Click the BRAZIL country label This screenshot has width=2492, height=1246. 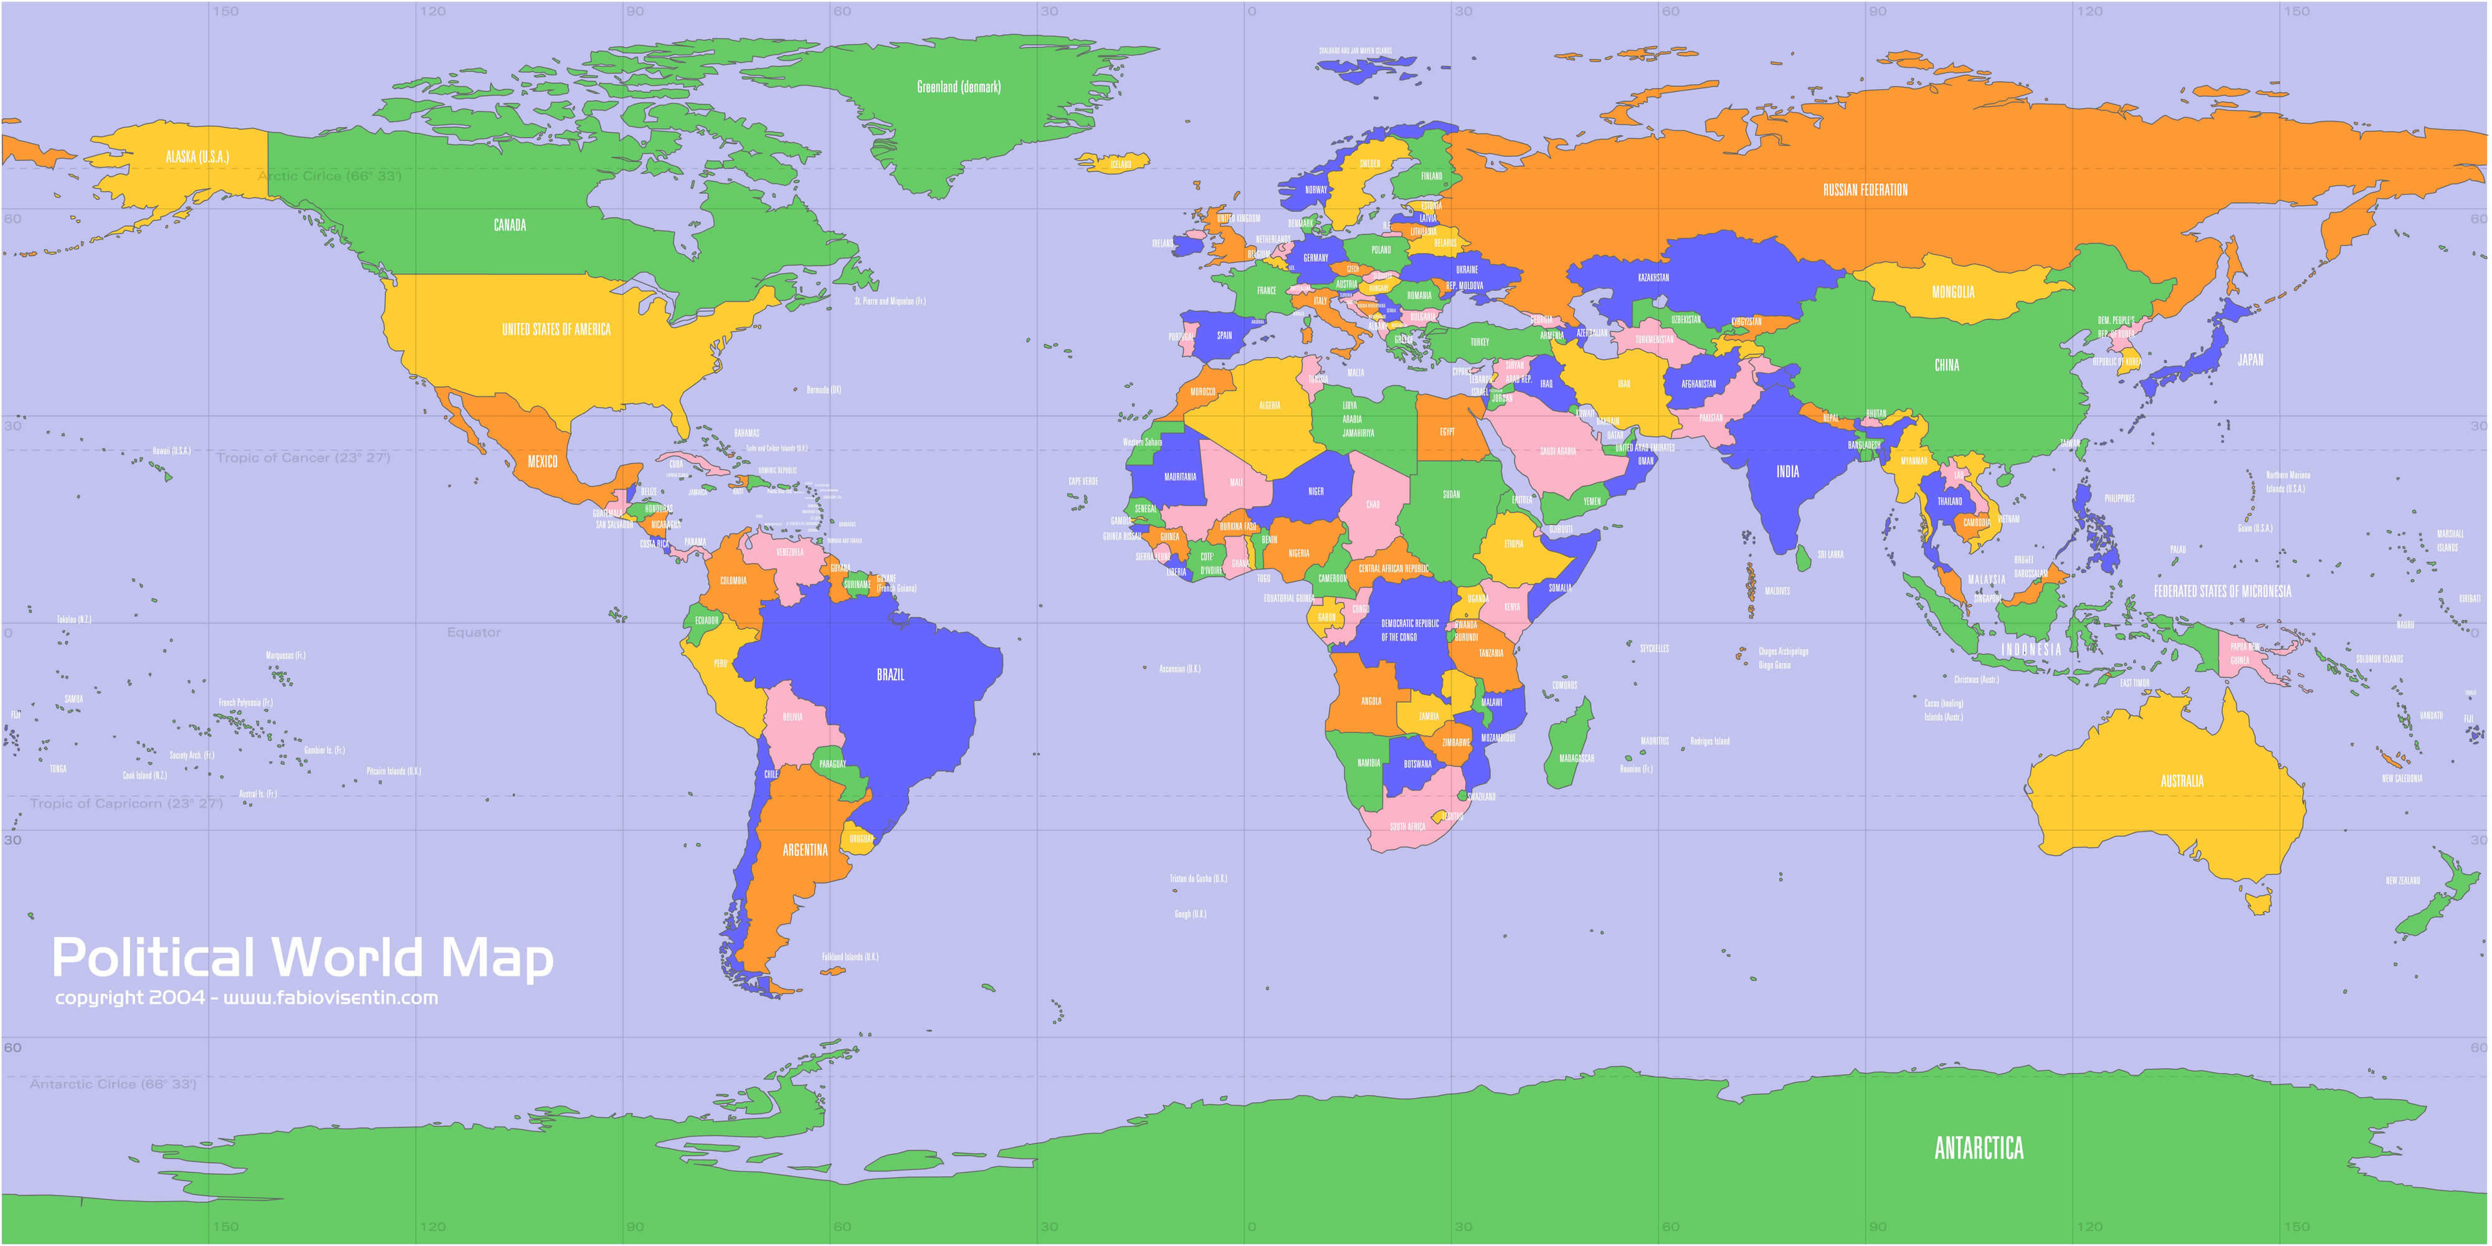tap(890, 674)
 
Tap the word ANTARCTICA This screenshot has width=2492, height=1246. tap(1978, 1148)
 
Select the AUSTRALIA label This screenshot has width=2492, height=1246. tap(2182, 781)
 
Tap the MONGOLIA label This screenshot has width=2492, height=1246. tap(1952, 292)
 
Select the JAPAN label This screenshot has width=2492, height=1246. tap(2250, 360)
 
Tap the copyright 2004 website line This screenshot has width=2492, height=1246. tap(247, 997)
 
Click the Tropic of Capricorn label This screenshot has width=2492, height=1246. tap(126, 804)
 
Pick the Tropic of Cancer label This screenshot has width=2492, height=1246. tap(303, 457)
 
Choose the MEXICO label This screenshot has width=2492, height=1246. tap(542, 462)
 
